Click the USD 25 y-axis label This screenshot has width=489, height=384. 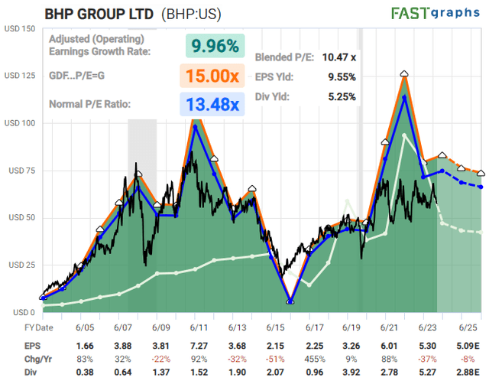[x=21, y=265]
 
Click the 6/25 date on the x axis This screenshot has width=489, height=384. [x=468, y=327]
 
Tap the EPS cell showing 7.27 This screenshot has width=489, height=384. [x=194, y=344]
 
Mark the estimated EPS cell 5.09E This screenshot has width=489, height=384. [x=467, y=344]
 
